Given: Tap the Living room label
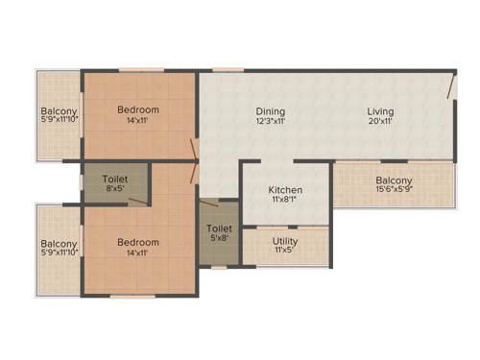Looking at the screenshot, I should click(380, 111).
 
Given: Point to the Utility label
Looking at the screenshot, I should click(284, 241).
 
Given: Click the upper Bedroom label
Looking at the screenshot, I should click(138, 109).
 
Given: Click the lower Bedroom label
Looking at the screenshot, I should click(138, 242).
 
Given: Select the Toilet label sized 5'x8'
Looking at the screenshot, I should click(218, 229).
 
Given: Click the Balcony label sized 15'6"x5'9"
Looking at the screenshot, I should click(394, 180).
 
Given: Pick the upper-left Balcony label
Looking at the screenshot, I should click(59, 110).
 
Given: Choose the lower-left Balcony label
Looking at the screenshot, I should click(59, 243).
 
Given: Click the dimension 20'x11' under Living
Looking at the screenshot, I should click(380, 123).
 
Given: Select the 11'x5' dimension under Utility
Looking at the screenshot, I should click(284, 252).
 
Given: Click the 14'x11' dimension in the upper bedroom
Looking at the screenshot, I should click(138, 121).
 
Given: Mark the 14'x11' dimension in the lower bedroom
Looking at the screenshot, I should click(138, 253).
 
